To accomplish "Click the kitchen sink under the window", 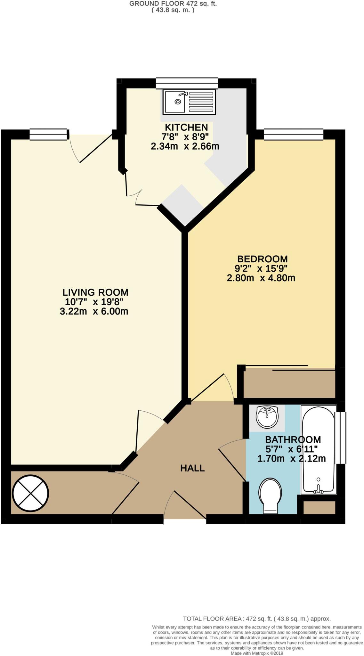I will click(189, 102).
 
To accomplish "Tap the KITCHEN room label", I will click(186, 127).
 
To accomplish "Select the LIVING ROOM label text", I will click(95, 292).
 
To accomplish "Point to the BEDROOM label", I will click(262, 259).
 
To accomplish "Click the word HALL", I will click(192, 468).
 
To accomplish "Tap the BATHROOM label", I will click(293, 439).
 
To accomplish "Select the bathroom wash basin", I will click(267, 417).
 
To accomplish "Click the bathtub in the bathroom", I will click(318, 448).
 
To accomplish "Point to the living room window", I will click(49, 134).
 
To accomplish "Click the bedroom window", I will click(293, 134).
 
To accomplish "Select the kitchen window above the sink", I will click(187, 83).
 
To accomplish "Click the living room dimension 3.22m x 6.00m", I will click(94, 311).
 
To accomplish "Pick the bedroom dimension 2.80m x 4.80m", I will click(261, 278).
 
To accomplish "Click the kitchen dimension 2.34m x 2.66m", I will click(185, 146).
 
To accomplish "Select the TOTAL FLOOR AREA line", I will click(256, 619).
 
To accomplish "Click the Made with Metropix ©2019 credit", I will click(257, 653).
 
